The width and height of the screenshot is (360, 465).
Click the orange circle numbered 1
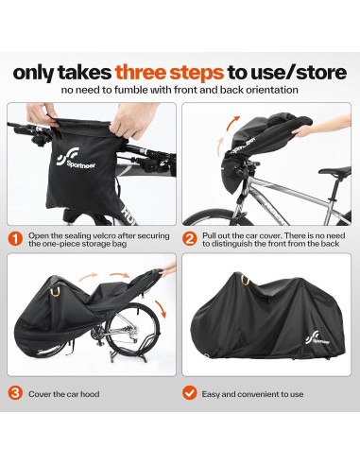pyautogui.click(x=15, y=238)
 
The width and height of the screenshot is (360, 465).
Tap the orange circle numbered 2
pyautogui.click(x=189, y=238)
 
